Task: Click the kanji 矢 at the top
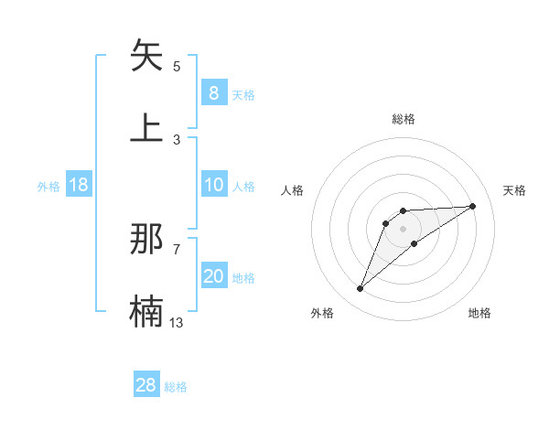pyautogui.click(x=147, y=57)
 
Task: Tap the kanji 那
pyautogui.click(x=147, y=240)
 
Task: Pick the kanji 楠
pyautogui.click(x=147, y=312)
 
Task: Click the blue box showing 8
pyautogui.click(x=213, y=92)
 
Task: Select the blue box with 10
pyautogui.click(x=213, y=185)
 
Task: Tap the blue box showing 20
pyautogui.click(x=213, y=276)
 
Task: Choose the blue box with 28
pyautogui.click(x=146, y=385)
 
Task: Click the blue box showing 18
pyautogui.click(x=79, y=185)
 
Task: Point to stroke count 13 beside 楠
pyautogui.click(x=177, y=321)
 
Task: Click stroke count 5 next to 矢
pyautogui.click(x=177, y=67)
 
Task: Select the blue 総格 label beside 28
pyautogui.click(x=176, y=387)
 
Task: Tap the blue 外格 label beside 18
pyautogui.click(x=48, y=187)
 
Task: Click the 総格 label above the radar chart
pyautogui.click(x=403, y=119)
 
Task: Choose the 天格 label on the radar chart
pyautogui.click(x=514, y=190)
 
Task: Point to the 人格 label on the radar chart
pyautogui.click(x=293, y=190)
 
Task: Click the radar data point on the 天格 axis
pyautogui.click(x=473, y=206)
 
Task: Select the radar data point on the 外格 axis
pyautogui.click(x=360, y=289)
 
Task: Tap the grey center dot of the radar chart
pyautogui.click(x=403, y=228)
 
